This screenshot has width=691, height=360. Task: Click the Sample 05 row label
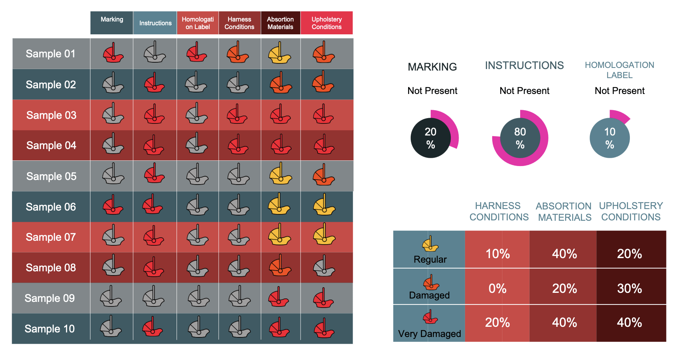coord(51,176)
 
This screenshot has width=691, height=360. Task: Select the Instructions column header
coord(155,23)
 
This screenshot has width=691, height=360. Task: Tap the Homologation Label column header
coord(198,23)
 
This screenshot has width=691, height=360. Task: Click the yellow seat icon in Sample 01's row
coord(279,54)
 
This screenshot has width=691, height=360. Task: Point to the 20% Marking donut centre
coord(431,138)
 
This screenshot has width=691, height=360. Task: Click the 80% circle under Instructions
coord(520,138)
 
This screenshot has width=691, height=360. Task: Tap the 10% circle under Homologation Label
coord(610,138)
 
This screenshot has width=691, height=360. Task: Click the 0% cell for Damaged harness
coord(497,288)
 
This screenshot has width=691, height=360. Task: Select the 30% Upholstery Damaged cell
coord(630,288)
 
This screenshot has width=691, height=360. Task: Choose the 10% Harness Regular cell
coord(497,254)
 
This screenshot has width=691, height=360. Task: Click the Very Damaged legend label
coord(429,334)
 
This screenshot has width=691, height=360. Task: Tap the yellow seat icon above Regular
coord(430,244)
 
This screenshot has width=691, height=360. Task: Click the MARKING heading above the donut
coord(432,67)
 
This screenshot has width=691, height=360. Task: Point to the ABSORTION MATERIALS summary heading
coord(564,212)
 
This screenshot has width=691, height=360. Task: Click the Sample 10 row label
coord(50,329)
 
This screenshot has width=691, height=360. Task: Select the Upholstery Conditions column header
coord(327,23)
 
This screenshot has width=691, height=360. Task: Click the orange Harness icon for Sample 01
coord(238,54)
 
